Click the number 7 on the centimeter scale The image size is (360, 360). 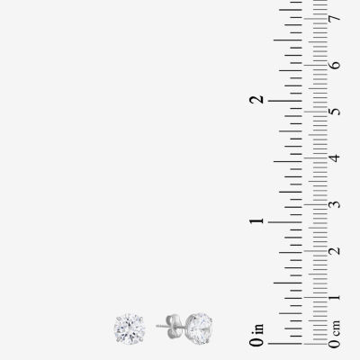point(335,19)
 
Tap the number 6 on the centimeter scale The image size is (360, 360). point(335,65)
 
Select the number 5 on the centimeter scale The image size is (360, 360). point(335,112)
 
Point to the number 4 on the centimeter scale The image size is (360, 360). point(335,157)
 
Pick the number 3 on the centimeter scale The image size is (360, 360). point(335,204)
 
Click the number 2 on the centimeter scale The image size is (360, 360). point(335,251)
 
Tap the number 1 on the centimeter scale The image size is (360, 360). point(335,298)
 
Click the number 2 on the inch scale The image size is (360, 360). point(257,100)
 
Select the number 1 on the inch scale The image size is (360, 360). point(257,221)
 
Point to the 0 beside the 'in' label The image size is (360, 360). point(257,342)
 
